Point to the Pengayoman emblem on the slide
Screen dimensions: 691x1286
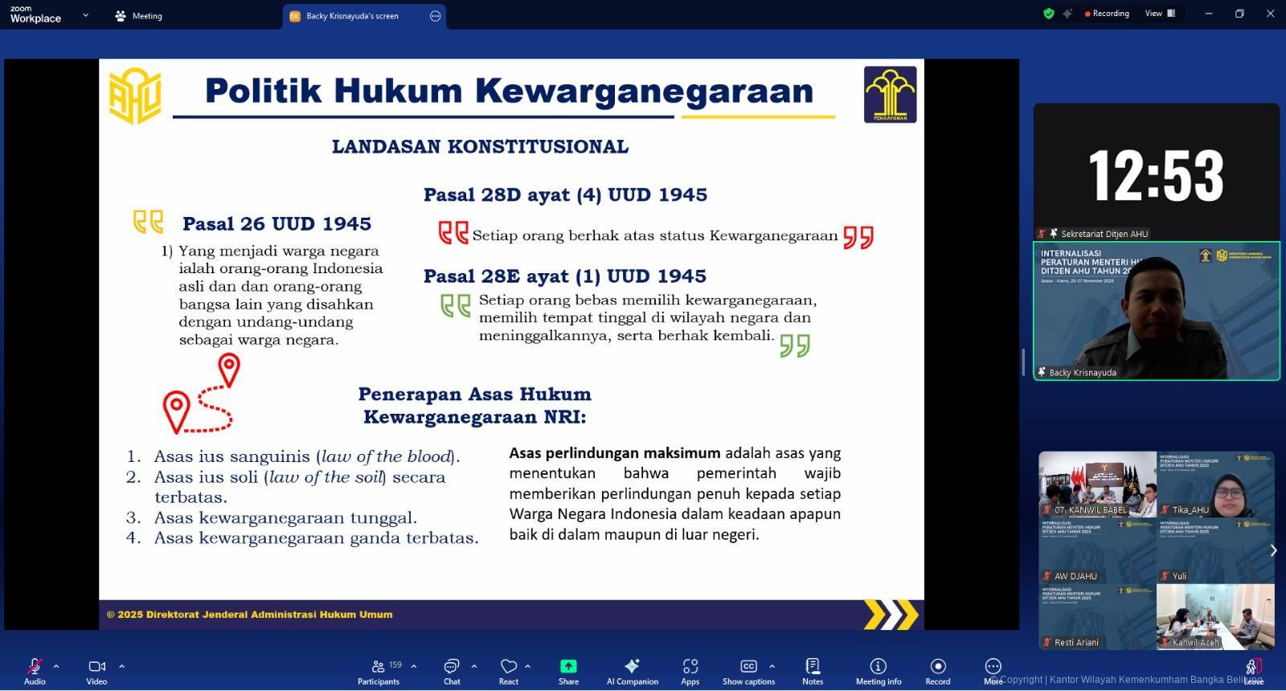[890, 95]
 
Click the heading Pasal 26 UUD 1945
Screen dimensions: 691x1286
[276, 224]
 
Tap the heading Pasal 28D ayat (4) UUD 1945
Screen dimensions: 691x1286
[565, 195]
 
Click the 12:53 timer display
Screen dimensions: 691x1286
[1156, 175]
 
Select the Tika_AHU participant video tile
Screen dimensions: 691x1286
[1215, 485]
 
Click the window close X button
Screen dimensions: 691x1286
[1271, 14]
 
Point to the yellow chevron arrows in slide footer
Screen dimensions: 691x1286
[891, 615]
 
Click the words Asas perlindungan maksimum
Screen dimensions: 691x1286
[614, 453]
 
